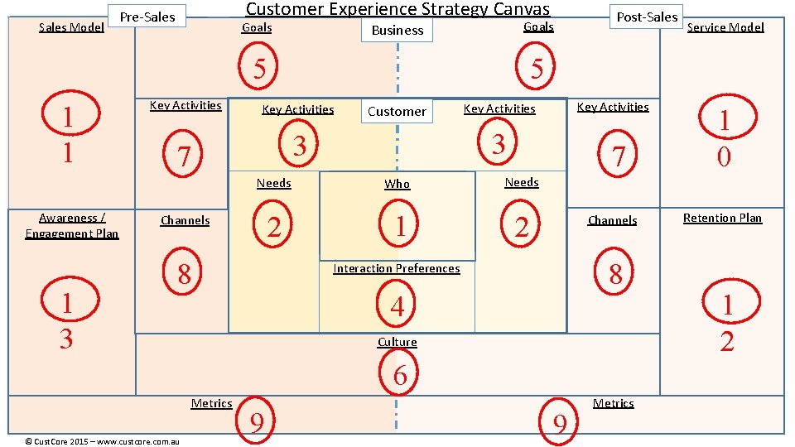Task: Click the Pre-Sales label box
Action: [x=147, y=17]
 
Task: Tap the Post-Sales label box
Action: [x=647, y=17]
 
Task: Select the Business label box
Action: [x=397, y=31]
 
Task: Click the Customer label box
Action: [x=397, y=111]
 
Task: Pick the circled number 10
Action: [x=725, y=137]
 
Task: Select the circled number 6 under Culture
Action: [x=399, y=375]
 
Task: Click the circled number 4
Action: [x=397, y=306]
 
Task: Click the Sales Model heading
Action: [x=71, y=27]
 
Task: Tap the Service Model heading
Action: [x=725, y=27]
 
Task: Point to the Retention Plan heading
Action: [x=721, y=219]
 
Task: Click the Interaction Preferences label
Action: [x=397, y=268]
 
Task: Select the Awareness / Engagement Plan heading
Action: [x=72, y=226]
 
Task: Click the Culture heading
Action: [x=397, y=342]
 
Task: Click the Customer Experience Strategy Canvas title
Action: [x=397, y=9]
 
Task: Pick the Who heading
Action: [x=397, y=184]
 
